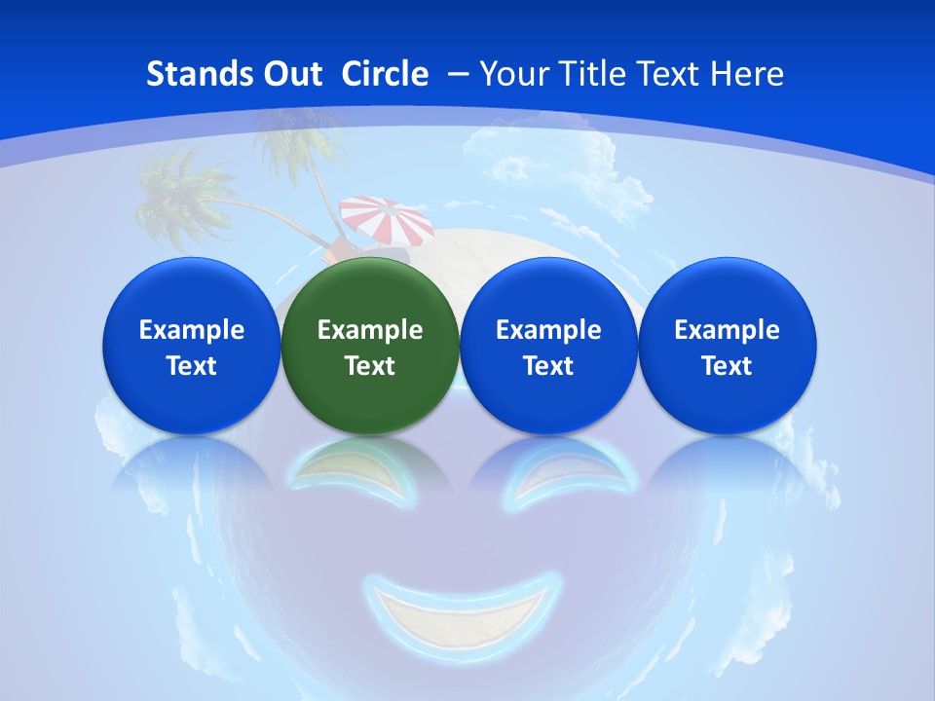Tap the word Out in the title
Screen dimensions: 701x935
click(x=289, y=74)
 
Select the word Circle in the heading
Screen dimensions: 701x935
click(x=385, y=74)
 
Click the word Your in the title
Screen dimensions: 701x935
click(x=511, y=74)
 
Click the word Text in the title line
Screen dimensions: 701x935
click(x=670, y=74)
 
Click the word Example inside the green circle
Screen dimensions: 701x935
click(x=370, y=331)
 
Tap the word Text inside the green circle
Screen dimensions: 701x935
click(x=370, y=366)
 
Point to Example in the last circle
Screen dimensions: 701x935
click(x=728, y=331)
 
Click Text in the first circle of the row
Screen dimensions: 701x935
click(x=191, y=366)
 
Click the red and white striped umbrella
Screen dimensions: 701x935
click(x=387, y=218)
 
